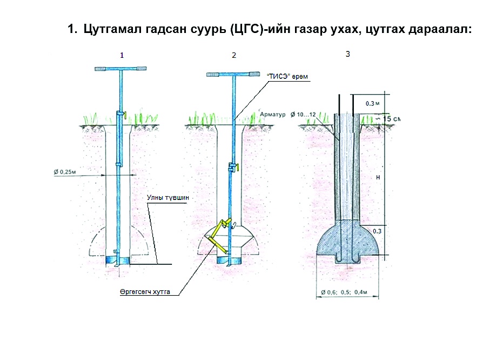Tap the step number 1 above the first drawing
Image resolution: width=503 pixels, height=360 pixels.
[x=122, y=55]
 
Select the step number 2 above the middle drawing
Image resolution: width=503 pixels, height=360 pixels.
[x=233, y=56]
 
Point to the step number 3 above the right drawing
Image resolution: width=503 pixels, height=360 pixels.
[x=347, y=54]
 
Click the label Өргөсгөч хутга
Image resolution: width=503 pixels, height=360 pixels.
[x=145, y=292]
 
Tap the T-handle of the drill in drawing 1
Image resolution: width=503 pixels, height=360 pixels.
[x=120, y=68]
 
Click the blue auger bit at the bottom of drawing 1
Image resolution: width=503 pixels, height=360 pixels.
[x=118, y=260]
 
